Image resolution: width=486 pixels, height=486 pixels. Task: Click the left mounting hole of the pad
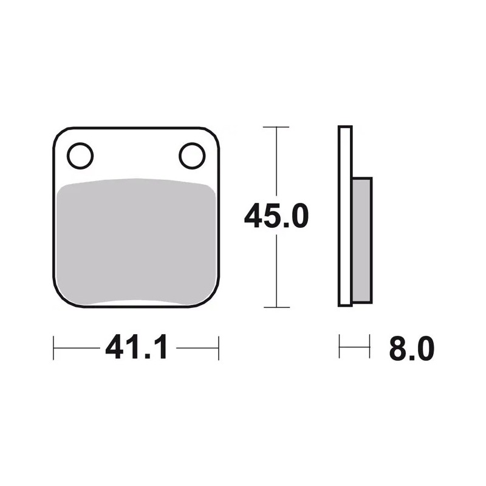(x=80, y=156)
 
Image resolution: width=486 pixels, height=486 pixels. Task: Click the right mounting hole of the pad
(x=192, y=156)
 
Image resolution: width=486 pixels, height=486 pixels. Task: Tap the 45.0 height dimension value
(x=276, y=216)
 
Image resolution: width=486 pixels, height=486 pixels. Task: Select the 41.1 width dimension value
(x=137, y=347)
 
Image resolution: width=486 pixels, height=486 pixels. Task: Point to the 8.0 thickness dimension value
(x=412, y=348)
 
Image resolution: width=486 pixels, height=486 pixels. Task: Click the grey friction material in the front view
(x=136, y=242)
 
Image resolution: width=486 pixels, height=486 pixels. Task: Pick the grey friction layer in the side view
(x=361, y=240)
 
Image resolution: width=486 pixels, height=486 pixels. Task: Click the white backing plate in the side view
(x=345, y=216)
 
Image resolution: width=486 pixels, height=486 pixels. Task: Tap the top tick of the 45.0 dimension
(x=276, y=127)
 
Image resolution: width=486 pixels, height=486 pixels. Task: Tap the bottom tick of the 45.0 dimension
(x=276, y=307)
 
